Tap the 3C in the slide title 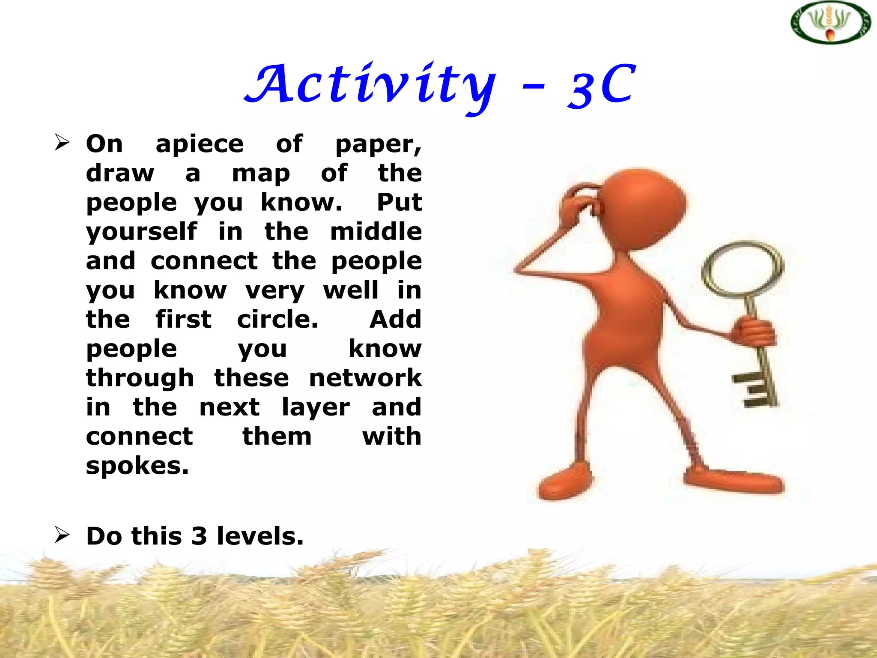[x=602, y=86]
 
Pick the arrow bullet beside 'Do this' [x=62, y=535]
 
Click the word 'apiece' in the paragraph [x=200, y=144]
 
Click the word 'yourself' [x=142, y=233]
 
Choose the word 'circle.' [x=277, y=320]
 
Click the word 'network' [x=365, y=378]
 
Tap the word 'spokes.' [x=137, y=467]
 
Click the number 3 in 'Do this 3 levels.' [x=199, y=536]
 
